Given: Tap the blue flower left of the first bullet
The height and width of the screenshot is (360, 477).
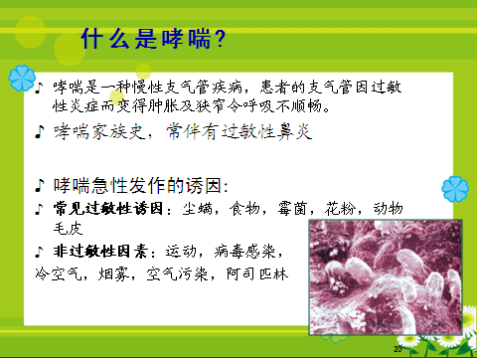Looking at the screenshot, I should click(21, 77).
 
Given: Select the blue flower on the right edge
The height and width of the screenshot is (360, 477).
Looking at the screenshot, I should click(453, 186).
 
